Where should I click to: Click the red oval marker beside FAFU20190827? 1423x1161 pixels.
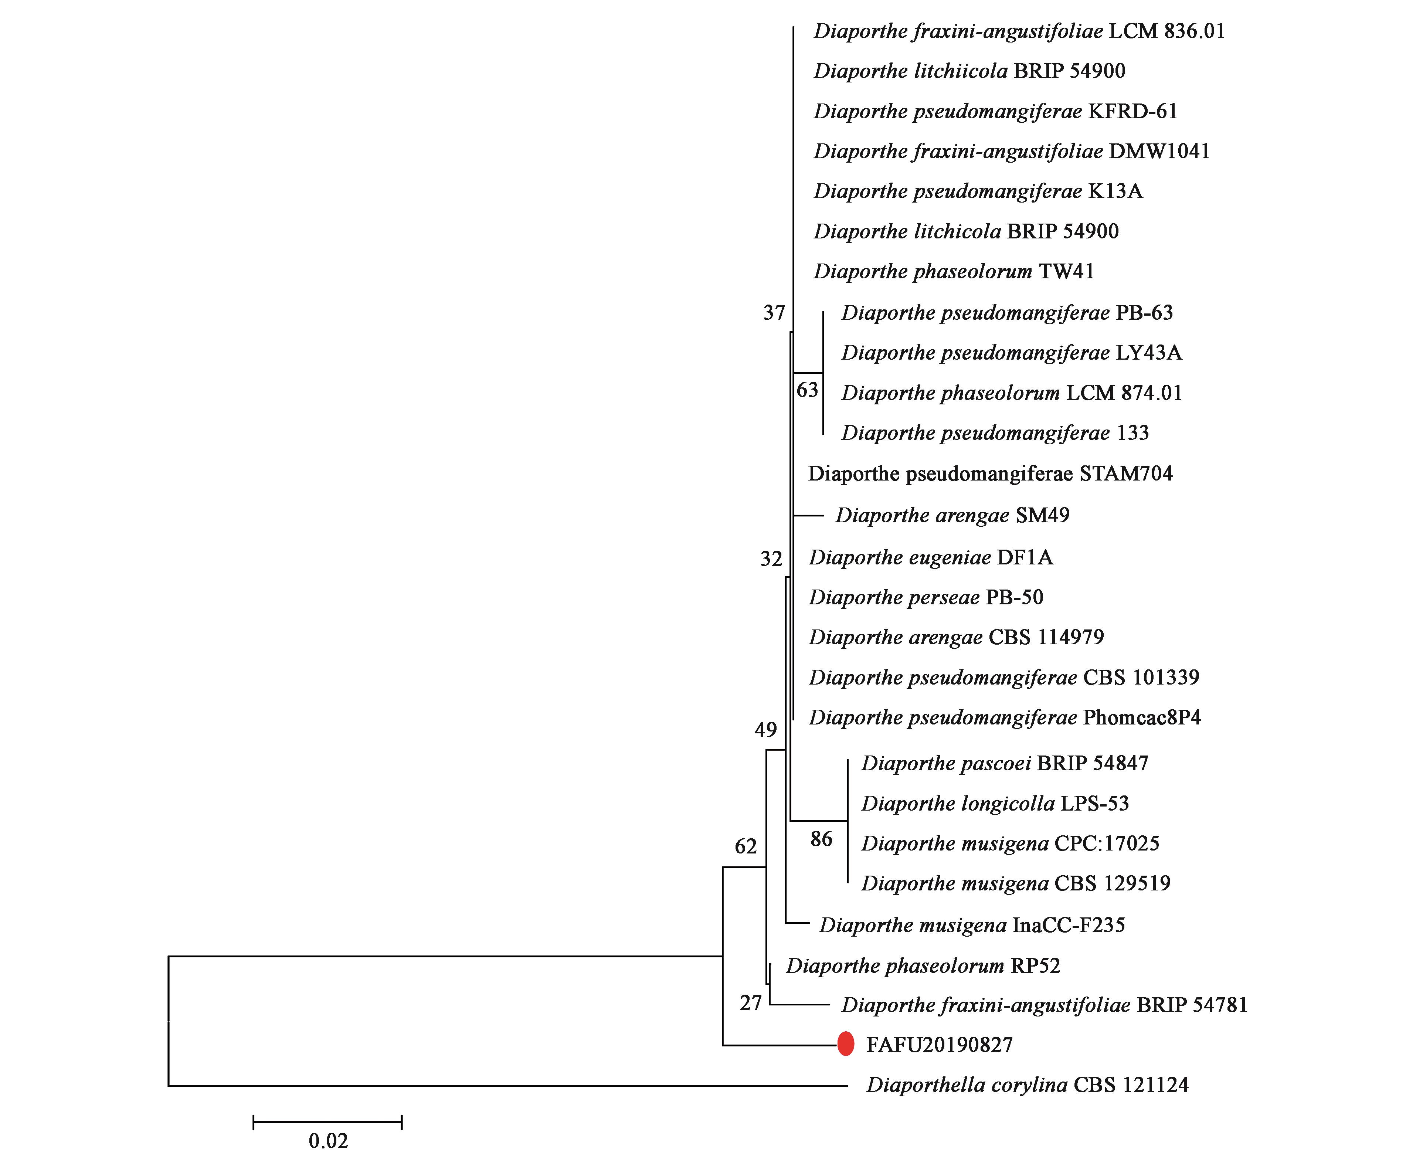(x=846, y=1044)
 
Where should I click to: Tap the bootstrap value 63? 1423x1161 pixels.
(x=807, y=390)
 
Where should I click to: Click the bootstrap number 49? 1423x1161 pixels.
(x=766, y=730)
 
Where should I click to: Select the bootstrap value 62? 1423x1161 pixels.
(x=746, y=847)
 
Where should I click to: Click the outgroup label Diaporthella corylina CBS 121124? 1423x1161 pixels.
(x=1027, y=1085)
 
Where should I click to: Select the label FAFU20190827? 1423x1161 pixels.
(x=940, y=1045)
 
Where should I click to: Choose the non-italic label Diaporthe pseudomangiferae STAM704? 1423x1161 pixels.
(x=990, y=473)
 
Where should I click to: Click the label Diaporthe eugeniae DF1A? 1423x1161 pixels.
(x=931, y=557)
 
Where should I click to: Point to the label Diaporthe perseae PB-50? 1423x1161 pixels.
(x=926, y=597)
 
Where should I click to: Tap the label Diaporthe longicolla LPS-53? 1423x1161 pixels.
(x=995, y=803)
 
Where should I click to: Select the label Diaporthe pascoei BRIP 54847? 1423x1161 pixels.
(x=1004, y=763)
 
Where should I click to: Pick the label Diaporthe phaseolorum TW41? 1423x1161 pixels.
(x=954, y=272)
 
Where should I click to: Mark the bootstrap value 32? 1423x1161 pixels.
(x=771, y=559)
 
